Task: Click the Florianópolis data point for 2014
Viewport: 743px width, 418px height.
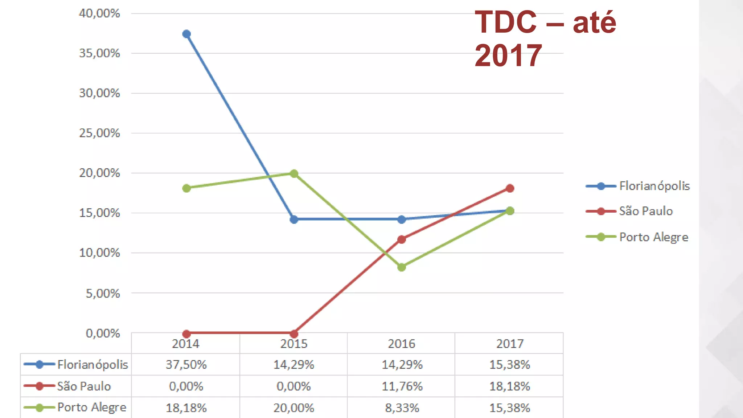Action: [x=186, y=34]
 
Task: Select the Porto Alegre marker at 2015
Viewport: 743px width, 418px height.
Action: [x=294, y=174]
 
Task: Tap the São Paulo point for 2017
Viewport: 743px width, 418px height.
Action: [x=510, y=188]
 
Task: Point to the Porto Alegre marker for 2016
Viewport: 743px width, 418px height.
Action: [x=402, y=267]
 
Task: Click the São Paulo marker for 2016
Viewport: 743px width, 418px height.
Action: [x=402, y=239]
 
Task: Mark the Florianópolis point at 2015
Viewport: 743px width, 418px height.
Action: [x=294, y=219]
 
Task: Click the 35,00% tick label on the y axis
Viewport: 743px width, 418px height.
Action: [x=99, y=53]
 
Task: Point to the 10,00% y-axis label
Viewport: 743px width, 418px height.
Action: [x=99, y=253]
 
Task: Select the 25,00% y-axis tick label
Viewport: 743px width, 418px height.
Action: [x=99, y=133]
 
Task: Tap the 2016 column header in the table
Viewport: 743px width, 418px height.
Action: [x=402, y=344]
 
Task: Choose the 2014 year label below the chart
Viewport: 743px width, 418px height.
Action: [x=186, y=344]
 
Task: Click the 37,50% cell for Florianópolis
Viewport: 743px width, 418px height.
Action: [x=186, y=364]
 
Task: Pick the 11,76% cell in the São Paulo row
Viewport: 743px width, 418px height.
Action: [x=402, y=386]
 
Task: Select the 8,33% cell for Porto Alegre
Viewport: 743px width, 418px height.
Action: [x=402, y=408]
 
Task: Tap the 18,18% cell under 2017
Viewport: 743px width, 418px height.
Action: [x=510, y=386]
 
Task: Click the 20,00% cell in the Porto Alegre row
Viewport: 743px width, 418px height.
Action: [x=294, y=408]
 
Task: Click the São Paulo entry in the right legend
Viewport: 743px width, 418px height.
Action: [x=646, y=211]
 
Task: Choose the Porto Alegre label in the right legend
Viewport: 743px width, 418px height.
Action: [x=653, y=237]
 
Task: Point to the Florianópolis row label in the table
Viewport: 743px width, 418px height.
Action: [x=93, y=364]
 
